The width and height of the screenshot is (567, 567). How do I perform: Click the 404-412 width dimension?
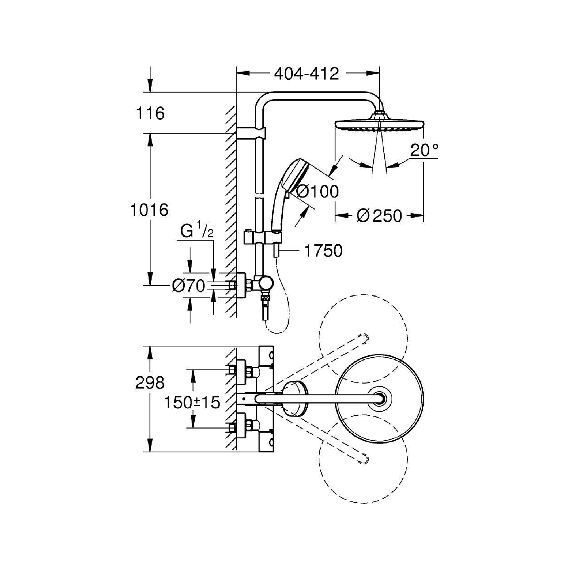(x=306, y=74)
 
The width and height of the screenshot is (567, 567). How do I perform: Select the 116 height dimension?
(x=150, y=113)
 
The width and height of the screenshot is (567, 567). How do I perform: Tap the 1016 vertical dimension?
(x=149, y=210)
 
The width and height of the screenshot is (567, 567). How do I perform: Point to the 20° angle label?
(x=424, y=150)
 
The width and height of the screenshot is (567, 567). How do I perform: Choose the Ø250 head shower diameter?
(x=379, y=216)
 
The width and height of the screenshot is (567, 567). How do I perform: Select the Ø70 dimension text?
(x=189, y=286)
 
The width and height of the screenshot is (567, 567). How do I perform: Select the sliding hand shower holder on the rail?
(x=263, y=236)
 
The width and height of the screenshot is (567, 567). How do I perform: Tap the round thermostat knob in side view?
(x=266, y=283)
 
